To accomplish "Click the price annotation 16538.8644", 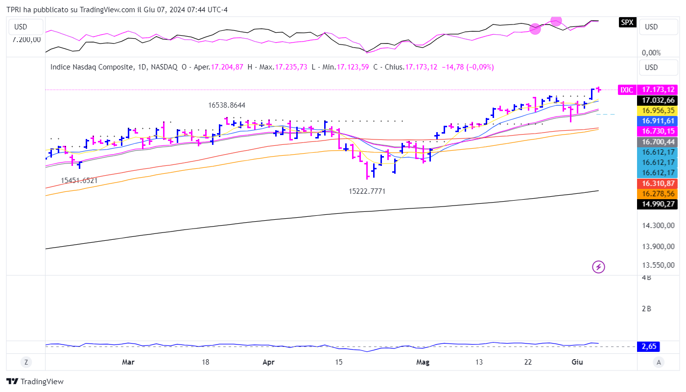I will (227, 105).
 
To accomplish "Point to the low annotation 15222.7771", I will (367, 191).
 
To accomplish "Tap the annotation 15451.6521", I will (79, 180).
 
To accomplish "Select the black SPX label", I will (627, 22).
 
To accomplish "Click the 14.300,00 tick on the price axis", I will (658, 226).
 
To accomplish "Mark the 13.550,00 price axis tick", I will (658, 265).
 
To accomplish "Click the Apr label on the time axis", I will (268, 362).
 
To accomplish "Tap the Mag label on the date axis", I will (423, 362).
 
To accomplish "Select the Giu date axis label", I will (577, 362).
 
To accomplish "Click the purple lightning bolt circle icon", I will (599, 267).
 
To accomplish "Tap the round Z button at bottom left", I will (26, 362).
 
